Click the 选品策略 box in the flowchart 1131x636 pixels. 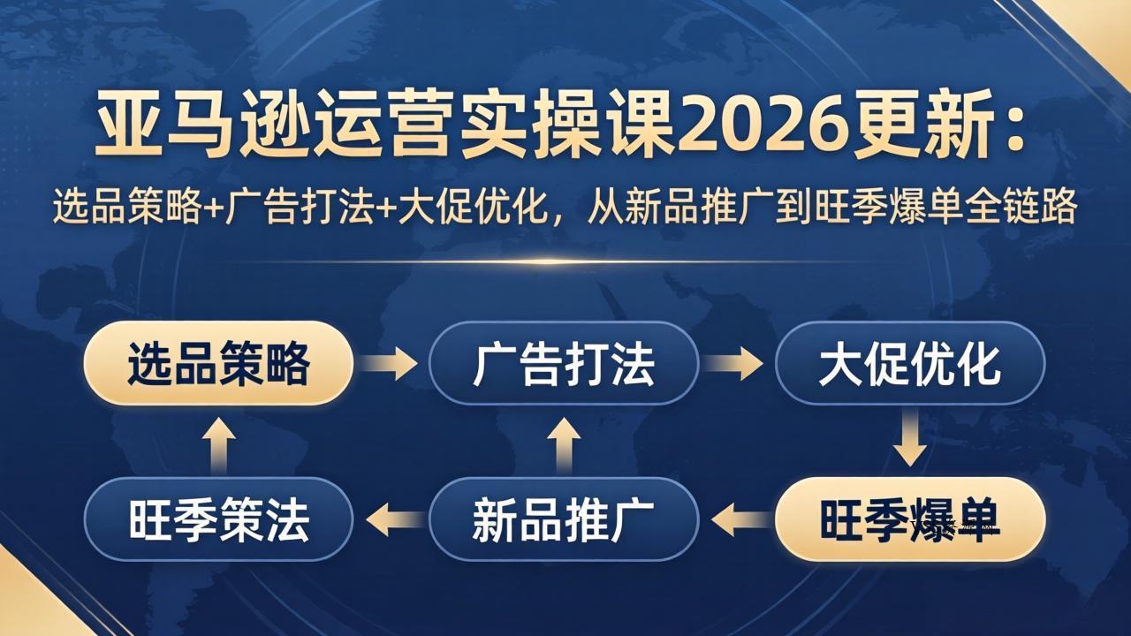coord(218,363)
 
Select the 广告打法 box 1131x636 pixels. coord(564,363)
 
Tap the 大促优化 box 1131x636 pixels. coord(910,363)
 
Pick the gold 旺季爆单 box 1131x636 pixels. coord(910,519)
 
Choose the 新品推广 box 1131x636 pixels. coord(564,519)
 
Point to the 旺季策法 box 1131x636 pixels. coord(218,519)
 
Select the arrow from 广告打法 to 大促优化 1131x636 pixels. coord(735,363)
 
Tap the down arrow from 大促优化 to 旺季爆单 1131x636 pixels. coord(910,441)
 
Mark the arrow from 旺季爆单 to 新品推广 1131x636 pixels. coord(738,519)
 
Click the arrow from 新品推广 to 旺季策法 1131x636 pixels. coord(392,519)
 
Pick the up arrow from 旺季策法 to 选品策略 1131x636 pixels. coord(218,443)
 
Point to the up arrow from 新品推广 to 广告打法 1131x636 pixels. coord(564,443)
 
